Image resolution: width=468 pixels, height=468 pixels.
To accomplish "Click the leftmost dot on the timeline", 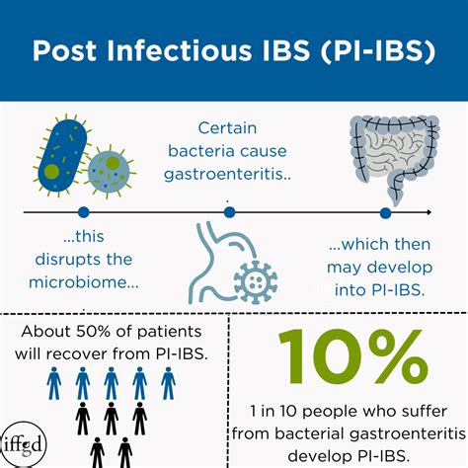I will point(83,212).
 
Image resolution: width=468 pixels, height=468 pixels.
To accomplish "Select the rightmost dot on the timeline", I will point(385,212).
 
